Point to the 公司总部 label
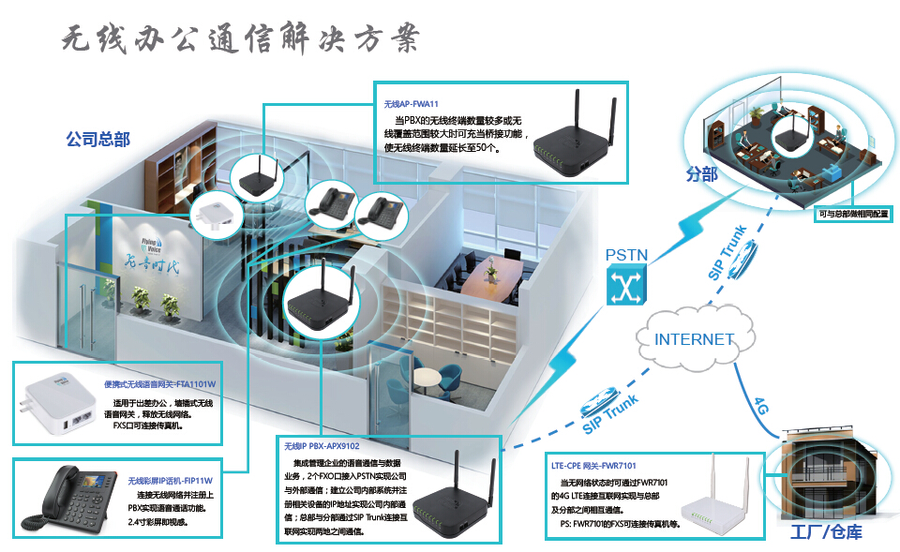(97, 140)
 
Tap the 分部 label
(702, 175)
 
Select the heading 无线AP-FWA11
(412, 104)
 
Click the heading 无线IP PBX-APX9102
(322, 447)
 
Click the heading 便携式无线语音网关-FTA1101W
(159, 384)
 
